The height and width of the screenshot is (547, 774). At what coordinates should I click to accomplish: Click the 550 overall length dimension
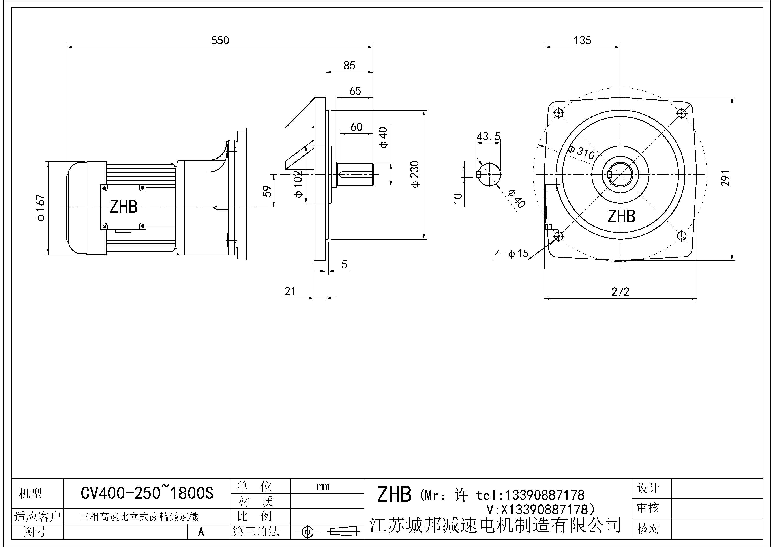point(220,40)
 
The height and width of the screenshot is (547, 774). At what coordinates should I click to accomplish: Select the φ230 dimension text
point(415,174)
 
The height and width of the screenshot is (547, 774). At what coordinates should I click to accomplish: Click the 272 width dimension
point(620,292)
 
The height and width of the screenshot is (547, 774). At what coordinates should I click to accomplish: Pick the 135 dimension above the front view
point(582,40)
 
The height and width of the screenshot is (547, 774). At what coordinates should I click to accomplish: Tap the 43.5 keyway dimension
point(488,137)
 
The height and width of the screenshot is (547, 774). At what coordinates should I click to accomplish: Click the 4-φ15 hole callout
point(511,253)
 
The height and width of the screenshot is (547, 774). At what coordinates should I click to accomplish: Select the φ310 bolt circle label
point(581,152)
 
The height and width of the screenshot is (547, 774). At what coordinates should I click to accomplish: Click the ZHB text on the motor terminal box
point(123,207)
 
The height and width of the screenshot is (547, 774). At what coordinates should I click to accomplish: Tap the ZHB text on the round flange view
point(621,216)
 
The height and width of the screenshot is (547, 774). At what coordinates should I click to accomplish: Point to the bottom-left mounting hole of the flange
point(558,236)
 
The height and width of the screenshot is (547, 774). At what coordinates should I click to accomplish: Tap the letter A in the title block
point(201,532)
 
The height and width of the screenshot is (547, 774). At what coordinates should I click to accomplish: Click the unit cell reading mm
point(323,487)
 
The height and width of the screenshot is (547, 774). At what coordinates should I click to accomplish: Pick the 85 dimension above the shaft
point(349,65)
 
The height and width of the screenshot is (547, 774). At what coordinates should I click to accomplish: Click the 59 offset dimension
point(267,191)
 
